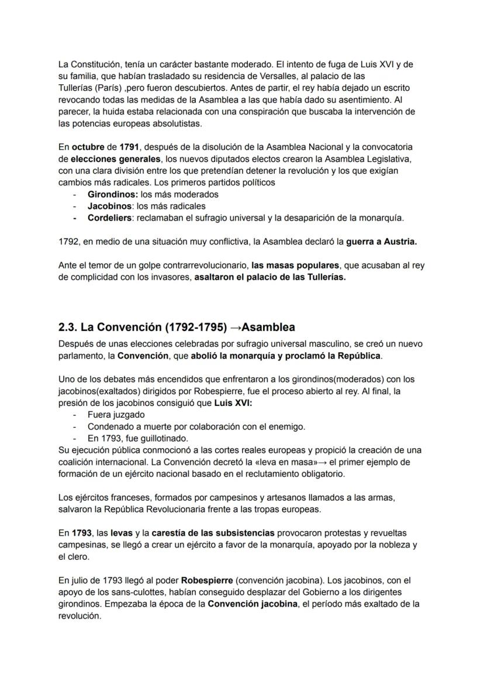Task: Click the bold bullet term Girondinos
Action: (112, 194)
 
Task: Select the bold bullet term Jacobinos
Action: (110, 206)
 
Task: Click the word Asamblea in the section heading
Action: (268, 327)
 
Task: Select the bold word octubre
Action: (89, 147)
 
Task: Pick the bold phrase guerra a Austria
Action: (381, 241)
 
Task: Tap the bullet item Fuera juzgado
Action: (116, 414)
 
